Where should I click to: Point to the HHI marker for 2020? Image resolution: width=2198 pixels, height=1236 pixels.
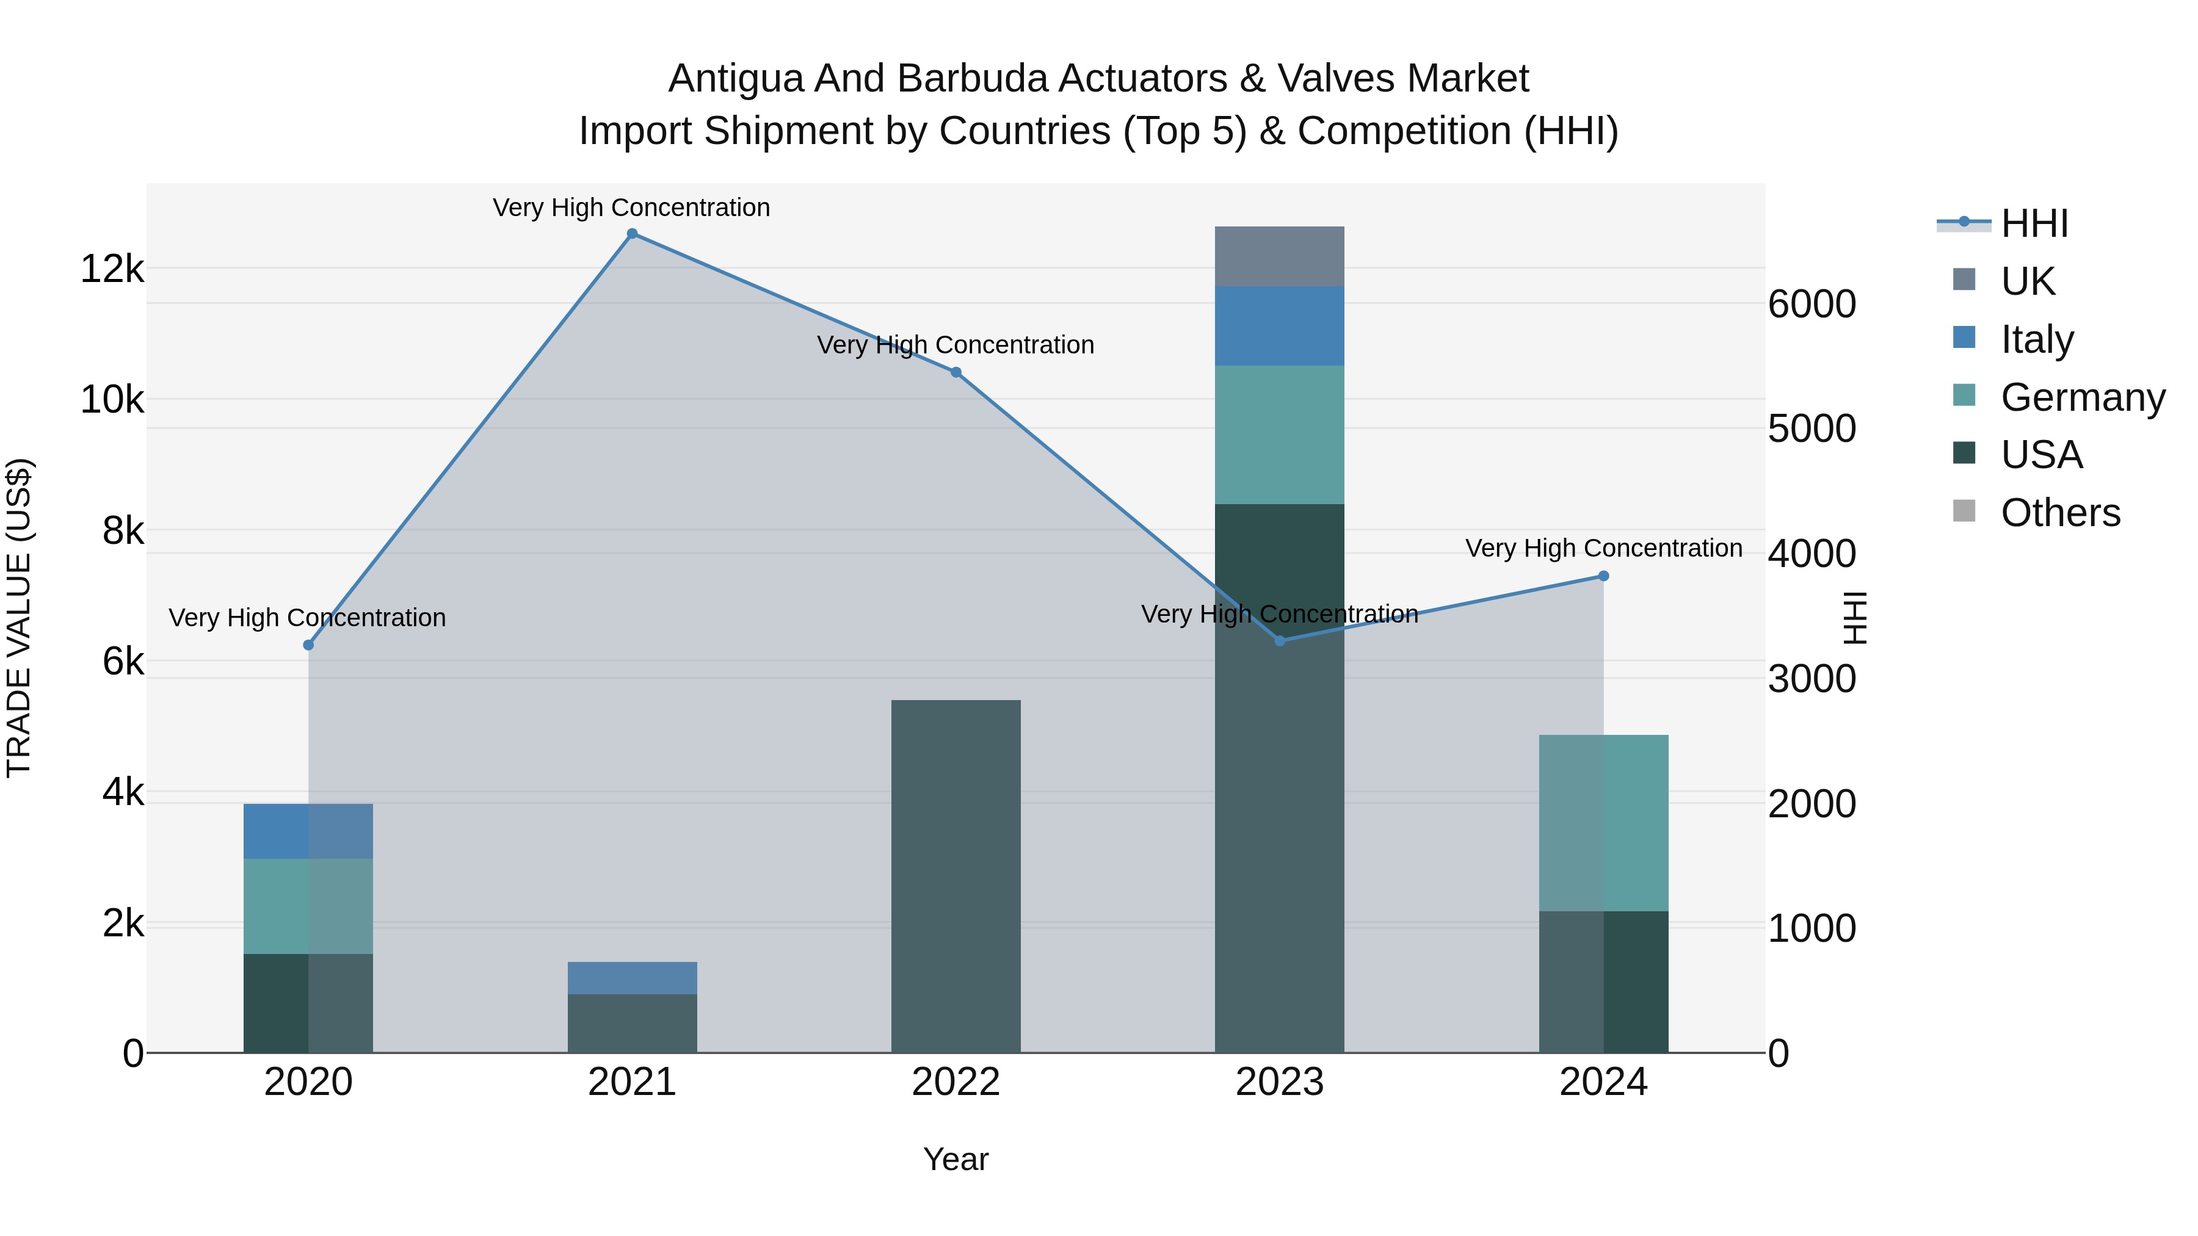click(309, 645)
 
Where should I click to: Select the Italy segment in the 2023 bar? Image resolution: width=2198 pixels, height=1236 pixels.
click(1279, 326)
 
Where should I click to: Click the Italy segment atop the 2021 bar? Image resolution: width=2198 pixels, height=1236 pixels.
click(633, 978)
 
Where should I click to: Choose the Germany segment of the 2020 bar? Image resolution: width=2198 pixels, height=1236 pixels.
click(308, 906)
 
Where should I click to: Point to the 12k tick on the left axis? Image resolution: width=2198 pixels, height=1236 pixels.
click(112, 270)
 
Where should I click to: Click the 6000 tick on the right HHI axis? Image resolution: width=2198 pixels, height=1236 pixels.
click(1812, 305)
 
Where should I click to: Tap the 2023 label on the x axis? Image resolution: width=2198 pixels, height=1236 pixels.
click(1279, 1082)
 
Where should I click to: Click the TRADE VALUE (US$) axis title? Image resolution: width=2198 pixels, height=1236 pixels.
click(20, 618)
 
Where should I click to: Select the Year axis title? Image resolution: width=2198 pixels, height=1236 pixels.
click(956, 1159)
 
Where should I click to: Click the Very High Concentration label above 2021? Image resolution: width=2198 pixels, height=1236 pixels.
click(631, 208)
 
